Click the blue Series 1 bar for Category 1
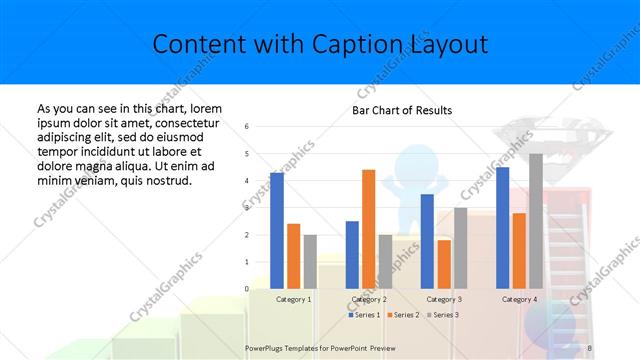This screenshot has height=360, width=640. [277, 231]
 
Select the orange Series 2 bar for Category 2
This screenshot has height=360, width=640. [368, 229]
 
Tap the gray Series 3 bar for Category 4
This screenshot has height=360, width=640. [535, 221]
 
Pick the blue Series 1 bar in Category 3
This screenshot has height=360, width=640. [427, 241]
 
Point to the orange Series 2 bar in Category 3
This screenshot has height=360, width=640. [443, 264]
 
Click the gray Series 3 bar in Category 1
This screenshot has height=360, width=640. [310, 262]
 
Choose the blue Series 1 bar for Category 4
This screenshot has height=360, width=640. [502, 228]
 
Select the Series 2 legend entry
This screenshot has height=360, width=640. [403, 315]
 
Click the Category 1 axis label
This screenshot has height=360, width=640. [294, 299]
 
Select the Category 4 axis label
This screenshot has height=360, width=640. [518, 299]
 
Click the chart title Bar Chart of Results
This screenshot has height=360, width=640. [402, 110]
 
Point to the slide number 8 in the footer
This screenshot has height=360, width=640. [589, 347]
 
